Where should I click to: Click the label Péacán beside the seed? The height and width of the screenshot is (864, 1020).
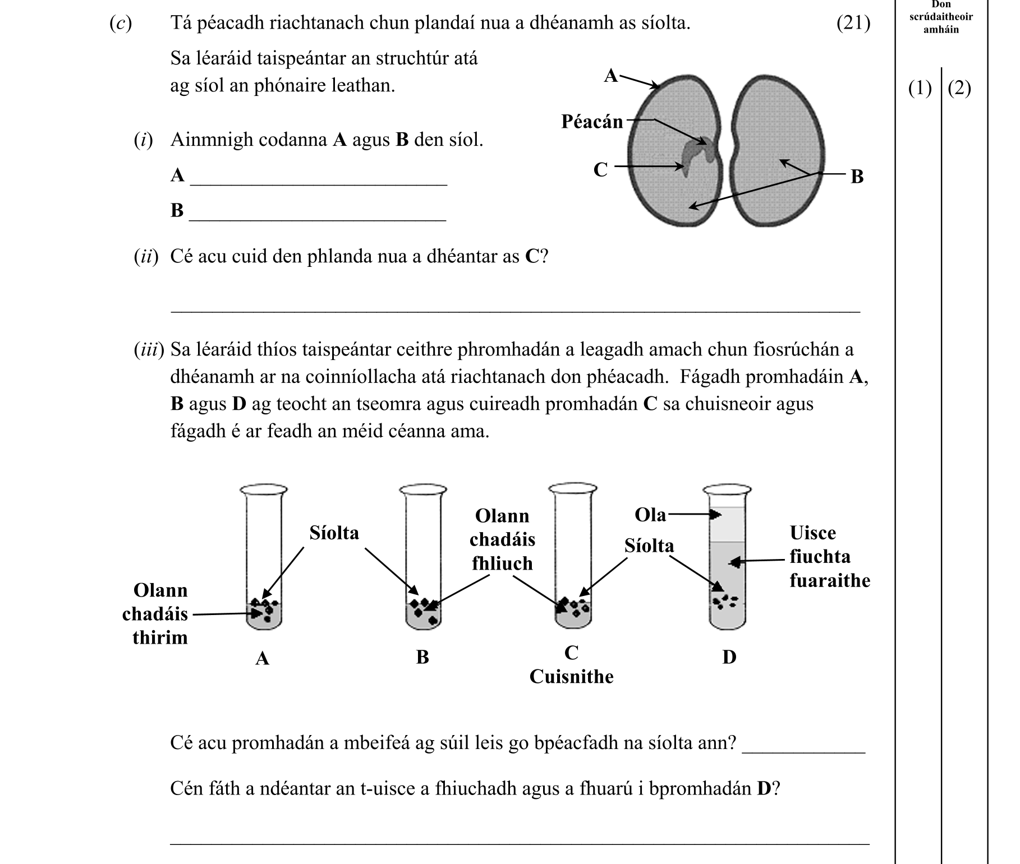pyautogui.click(x=592, y=121)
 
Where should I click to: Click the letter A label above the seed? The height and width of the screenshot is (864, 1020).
pyautogui.click(x=611, y=75)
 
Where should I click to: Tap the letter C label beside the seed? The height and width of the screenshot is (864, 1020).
pyautogui.click(x=600, y=169)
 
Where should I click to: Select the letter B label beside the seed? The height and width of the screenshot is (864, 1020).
pyautogui.click(x=857, y=177)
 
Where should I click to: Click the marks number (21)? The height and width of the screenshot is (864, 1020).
pyautogui.click(x=853, y=24)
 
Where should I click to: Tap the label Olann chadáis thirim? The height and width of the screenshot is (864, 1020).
pyautogui.click(x=159, y=614)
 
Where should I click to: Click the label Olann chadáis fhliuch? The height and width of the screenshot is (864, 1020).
pyautogui.click(x=502, y=539)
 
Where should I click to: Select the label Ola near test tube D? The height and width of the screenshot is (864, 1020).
pyautogui.click(x=650, y=515)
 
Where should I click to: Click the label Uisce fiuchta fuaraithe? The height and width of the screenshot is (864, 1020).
pyautogui.click(x=829, y=556)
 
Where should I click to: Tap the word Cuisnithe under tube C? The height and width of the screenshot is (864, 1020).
pyautogui.click(x=571, y=677)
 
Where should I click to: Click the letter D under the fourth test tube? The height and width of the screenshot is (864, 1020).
pyautogui.click(x=729, y=657)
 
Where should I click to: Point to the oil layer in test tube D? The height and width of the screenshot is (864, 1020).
pyautogui.click(x=727, y=525)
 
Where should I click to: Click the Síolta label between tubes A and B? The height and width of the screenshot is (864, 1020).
pyautogui.click(x=334, y=532)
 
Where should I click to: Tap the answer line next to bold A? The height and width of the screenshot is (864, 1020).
pyautogui.click(x=318, y=179)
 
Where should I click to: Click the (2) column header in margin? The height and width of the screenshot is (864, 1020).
pyautogui.click(x=959, y=89)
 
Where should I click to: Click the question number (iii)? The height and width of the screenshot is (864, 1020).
pyautogui.click(x=149, y=350)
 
